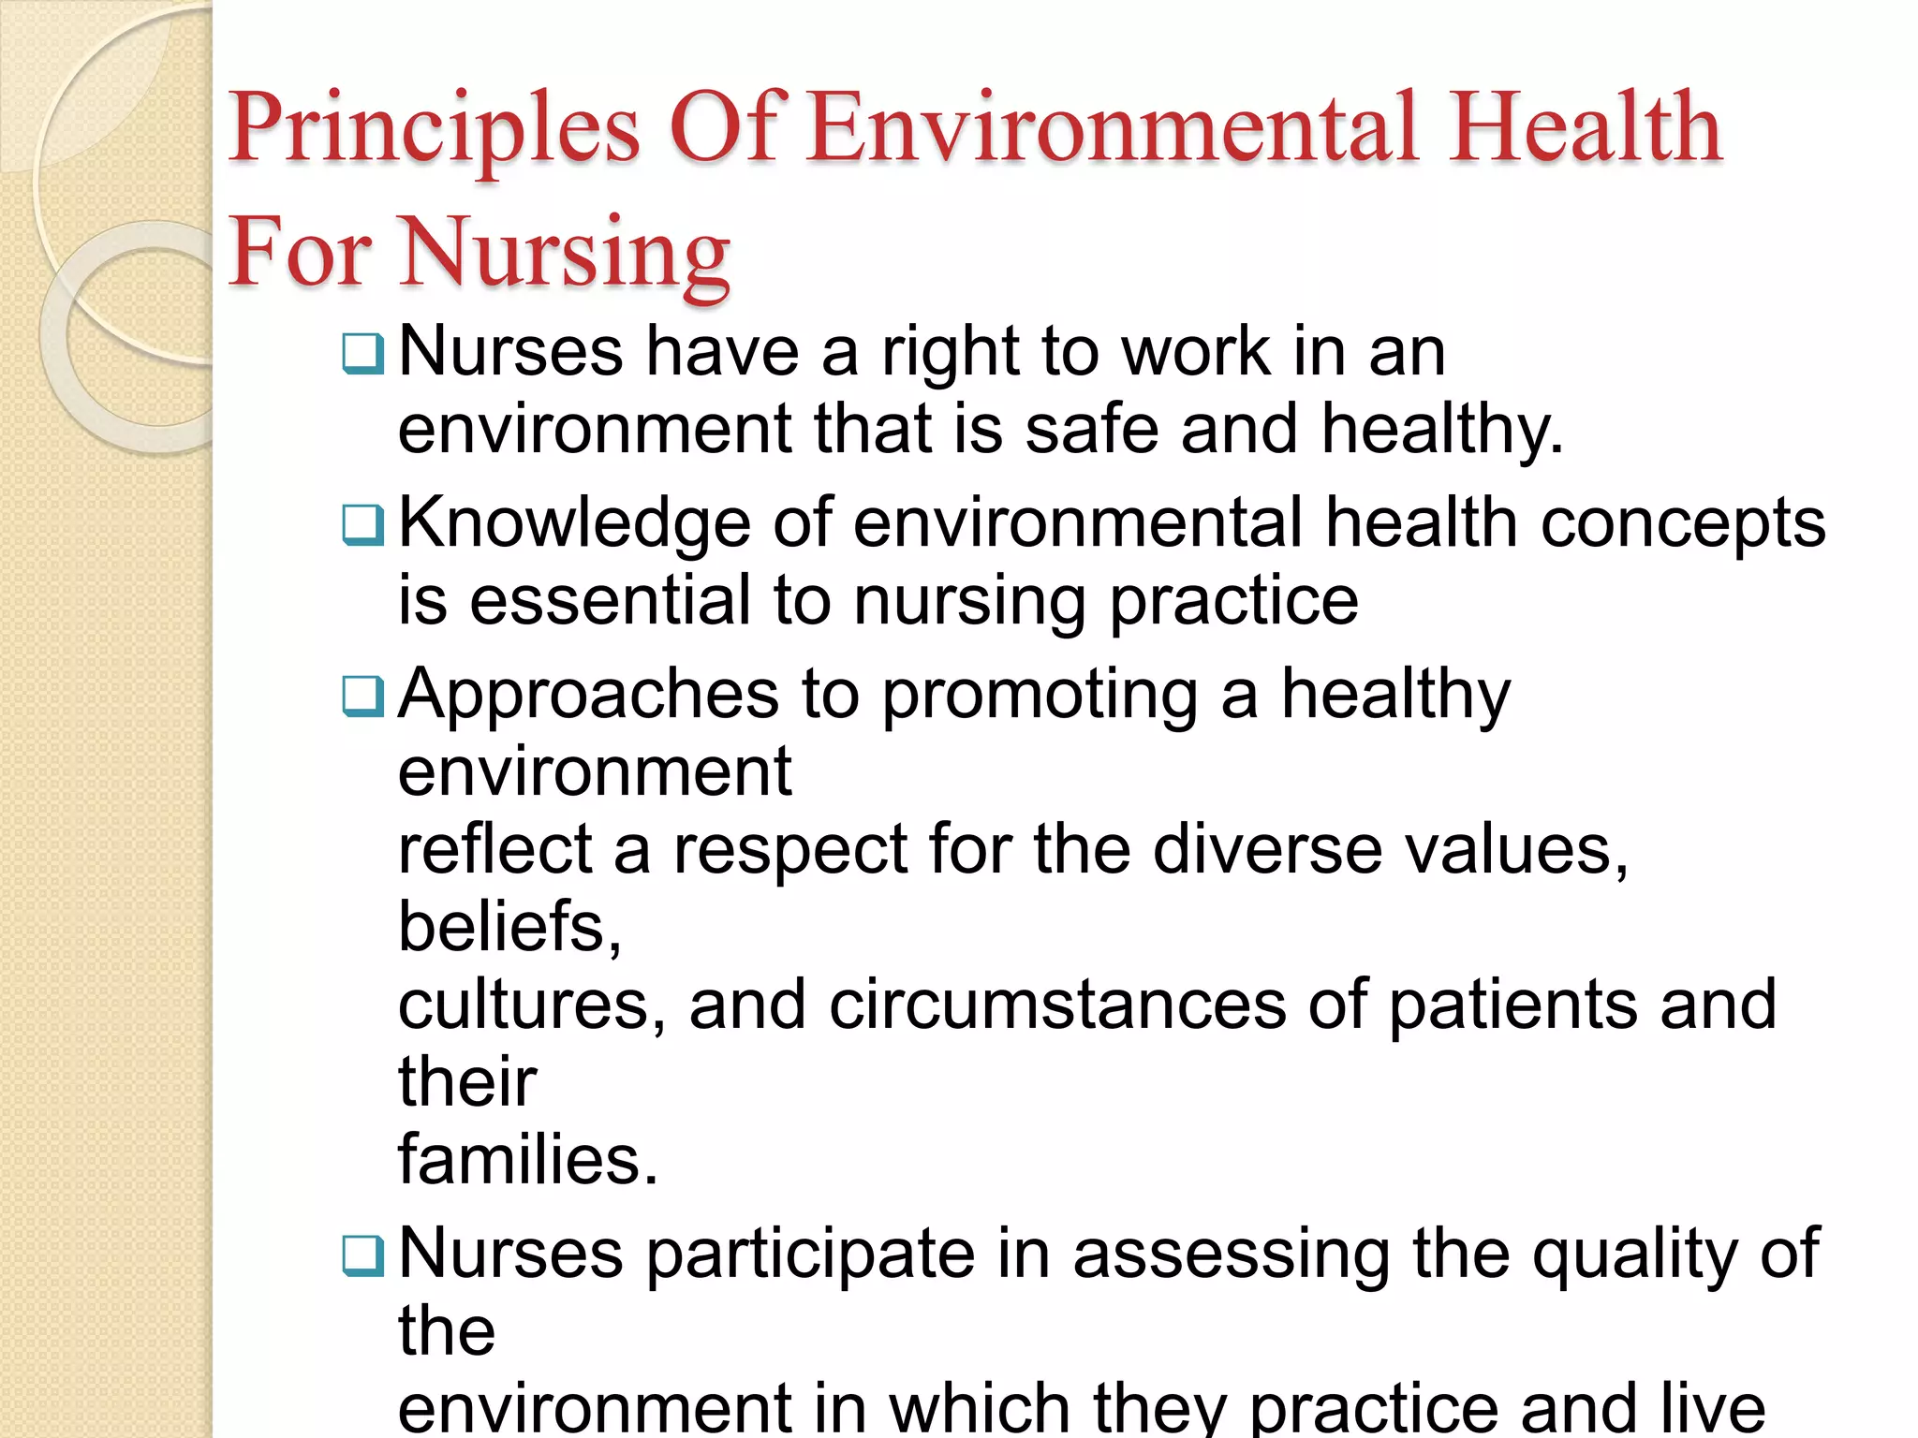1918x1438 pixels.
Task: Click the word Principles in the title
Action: pos(435,128)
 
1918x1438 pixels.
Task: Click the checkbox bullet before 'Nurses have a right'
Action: pos(362,354)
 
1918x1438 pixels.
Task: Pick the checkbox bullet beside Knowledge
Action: pos(362,524)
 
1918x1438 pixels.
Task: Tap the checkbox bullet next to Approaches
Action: pos(362,696)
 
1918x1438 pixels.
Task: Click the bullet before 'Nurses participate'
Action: pos(362,1255)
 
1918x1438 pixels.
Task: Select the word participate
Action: pos(811,1255)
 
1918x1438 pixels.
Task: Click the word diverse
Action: pos(1267,850)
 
